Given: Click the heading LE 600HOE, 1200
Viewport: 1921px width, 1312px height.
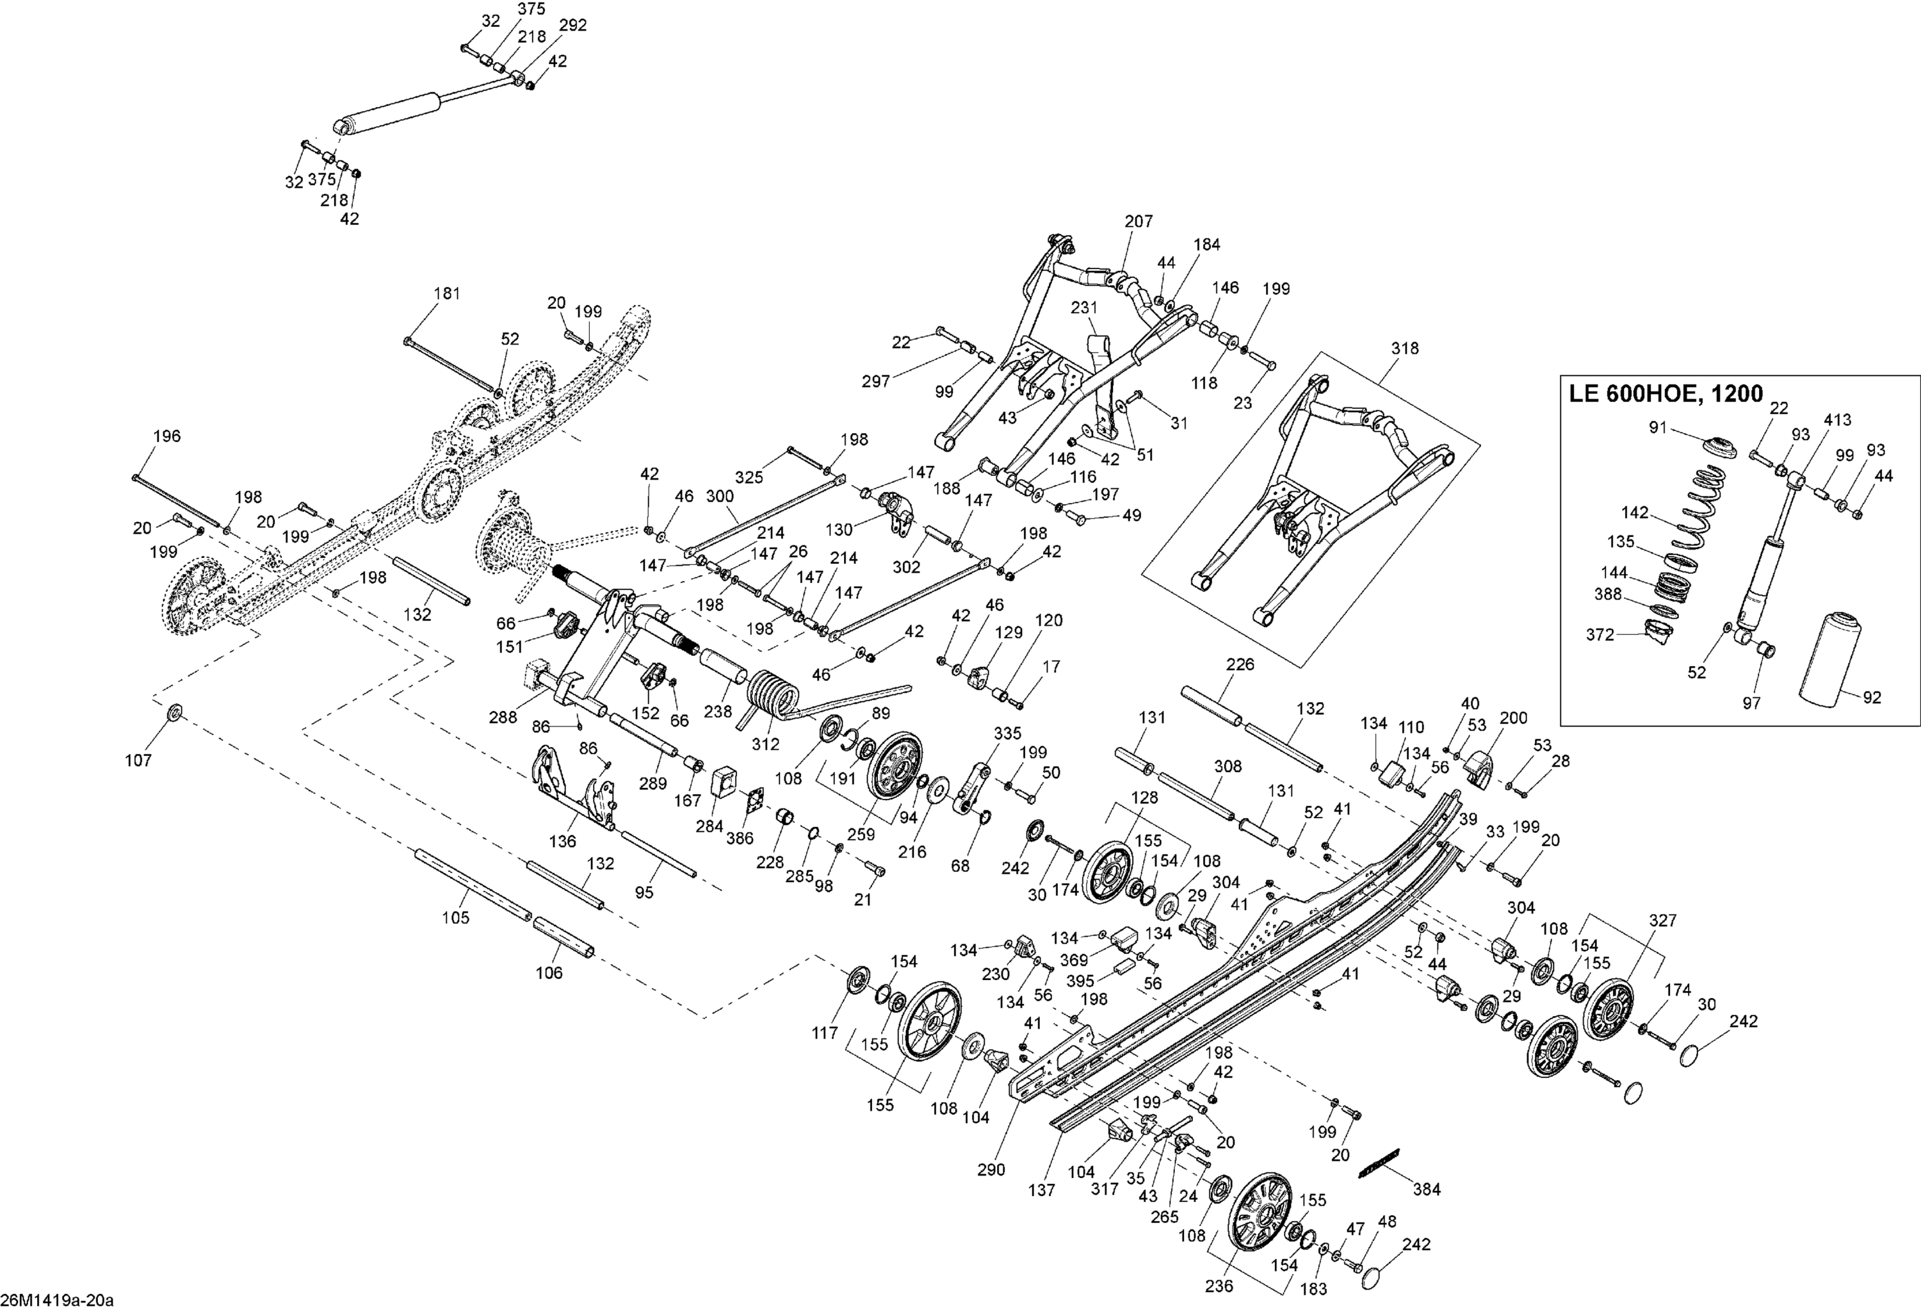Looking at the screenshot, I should [1666, 393].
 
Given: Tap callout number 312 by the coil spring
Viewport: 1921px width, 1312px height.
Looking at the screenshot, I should [765, 744].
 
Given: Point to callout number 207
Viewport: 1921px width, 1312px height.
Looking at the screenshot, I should [1139, 222].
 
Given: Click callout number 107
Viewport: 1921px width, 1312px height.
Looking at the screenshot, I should [138, 760].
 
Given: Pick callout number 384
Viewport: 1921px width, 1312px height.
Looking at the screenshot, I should [1427, 1190].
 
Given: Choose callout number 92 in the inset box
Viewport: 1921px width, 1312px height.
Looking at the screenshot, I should [1872, 697].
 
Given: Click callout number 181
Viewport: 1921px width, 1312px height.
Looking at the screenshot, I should [447, 293].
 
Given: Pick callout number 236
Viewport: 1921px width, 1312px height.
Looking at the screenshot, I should [1219, 1286].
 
